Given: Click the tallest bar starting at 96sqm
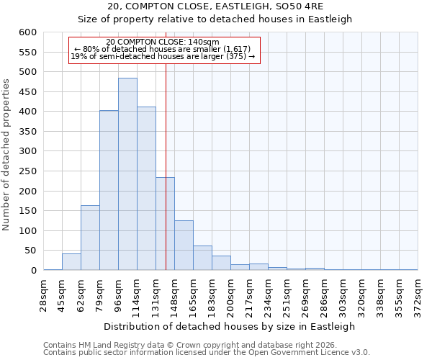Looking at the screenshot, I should tap(127, 174).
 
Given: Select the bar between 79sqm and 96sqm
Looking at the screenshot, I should tap(109, 191).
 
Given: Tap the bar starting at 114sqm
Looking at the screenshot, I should tap(146, 189).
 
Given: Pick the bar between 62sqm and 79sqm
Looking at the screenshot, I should tap(90, 238).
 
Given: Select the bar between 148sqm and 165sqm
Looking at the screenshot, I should tap(184, 246).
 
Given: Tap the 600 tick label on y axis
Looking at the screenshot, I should tap(27, 32).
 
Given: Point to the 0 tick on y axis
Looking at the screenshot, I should tap(33, 271).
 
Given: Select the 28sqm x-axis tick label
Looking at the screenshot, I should tap(43, 293).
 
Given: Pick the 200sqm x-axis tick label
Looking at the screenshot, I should tap(230, 293).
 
